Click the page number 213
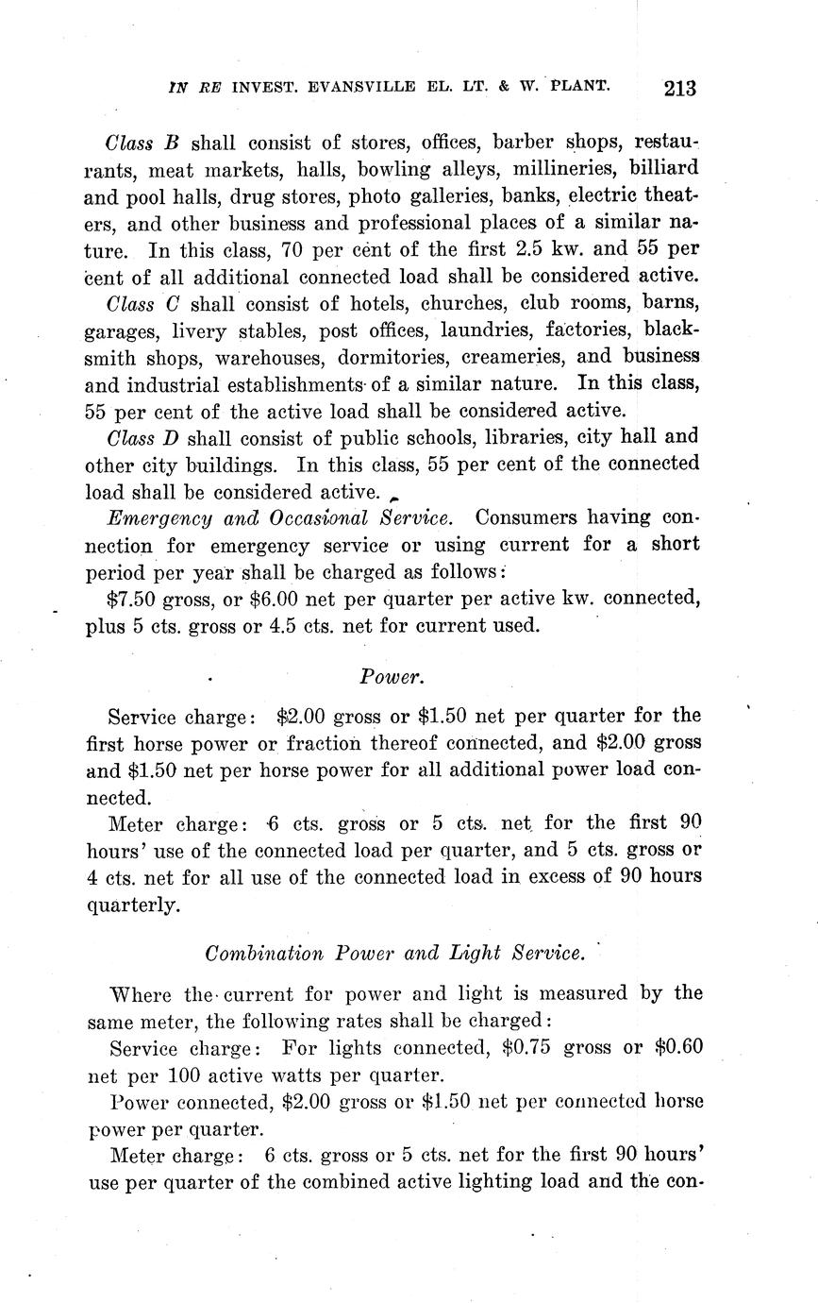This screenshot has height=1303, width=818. click(x=679, y=89)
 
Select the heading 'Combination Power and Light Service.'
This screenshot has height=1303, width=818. click(x=394, y=953)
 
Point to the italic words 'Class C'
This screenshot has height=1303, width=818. click(x=142, y=304)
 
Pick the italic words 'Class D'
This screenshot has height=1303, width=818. click(x=142, y=437)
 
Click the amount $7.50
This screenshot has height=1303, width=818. click(x=133, y=599)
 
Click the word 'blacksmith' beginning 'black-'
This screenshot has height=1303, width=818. click(x=672, y=331)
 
